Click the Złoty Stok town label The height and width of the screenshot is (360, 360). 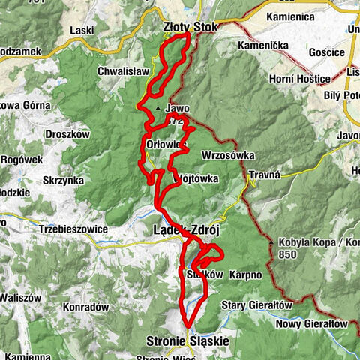(190, 28)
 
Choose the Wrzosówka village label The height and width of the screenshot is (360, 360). (228, 155)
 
